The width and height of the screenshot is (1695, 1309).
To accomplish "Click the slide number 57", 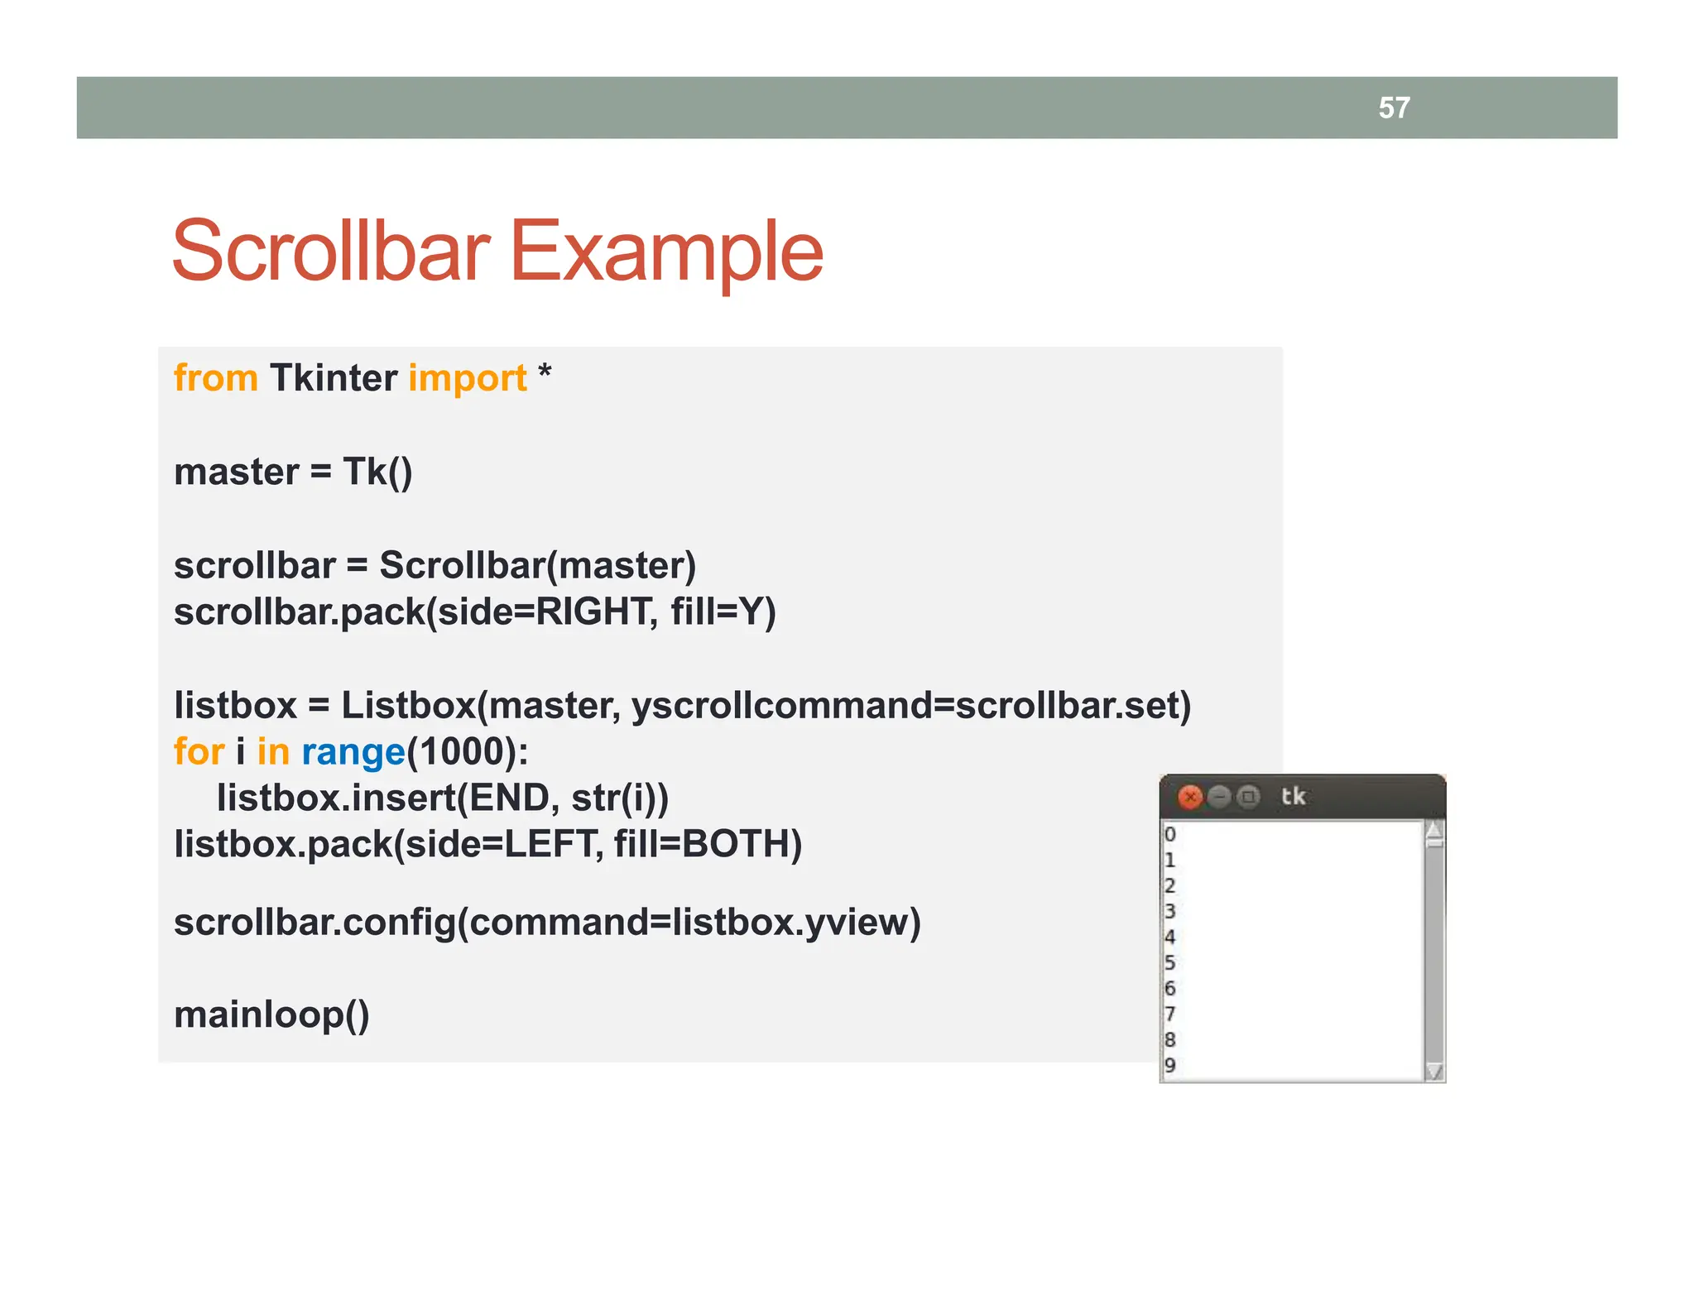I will coord(1394,108).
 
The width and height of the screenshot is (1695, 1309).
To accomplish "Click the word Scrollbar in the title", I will coord(330,252).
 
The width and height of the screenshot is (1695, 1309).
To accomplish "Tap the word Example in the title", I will coord(666,252).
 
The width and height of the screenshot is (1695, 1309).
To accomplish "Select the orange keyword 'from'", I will coord(215,378).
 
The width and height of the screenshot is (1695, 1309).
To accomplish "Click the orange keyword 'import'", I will coord(468,378).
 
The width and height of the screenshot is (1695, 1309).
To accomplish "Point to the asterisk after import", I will coord(545,374).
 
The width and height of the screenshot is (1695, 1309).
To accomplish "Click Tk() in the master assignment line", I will coord(377,472).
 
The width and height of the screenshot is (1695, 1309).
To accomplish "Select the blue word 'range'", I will coord(353,752).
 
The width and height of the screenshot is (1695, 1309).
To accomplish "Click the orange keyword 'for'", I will coord(199,752).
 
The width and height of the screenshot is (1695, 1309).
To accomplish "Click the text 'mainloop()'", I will coord(271,1014).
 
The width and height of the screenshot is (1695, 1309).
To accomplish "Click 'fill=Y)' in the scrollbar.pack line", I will coord(723,612).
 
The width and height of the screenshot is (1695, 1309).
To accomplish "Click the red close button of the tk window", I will coord(1190,797).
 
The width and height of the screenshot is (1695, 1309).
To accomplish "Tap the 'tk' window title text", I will coord(1293,796).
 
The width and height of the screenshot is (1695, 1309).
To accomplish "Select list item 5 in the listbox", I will coord(1169,962).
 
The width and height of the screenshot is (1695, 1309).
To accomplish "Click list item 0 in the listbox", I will coord(1169,834).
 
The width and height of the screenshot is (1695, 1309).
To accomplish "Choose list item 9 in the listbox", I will coord(1169,1065).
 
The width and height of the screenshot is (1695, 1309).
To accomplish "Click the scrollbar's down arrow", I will coord(1434,1072).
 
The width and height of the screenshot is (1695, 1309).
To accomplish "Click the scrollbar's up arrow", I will coord(1434,830).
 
